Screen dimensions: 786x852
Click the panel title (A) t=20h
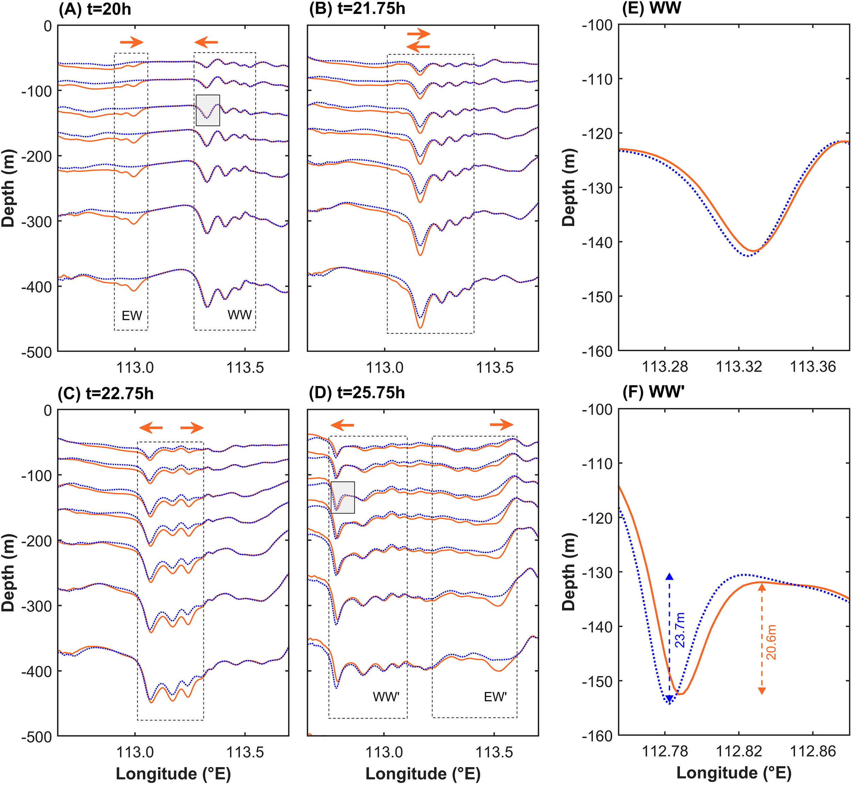click(95, 9)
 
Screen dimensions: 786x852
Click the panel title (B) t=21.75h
click(357, 9)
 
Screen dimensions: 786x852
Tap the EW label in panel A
click(132, 315)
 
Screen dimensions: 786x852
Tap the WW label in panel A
click(239, 315)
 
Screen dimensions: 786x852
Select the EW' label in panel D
click(495, 697)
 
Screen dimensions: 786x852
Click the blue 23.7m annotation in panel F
click(680, 630)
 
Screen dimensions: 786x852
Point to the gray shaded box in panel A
click(208, 110)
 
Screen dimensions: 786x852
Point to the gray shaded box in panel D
click(343, 497)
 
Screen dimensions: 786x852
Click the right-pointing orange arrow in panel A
click(131, 42)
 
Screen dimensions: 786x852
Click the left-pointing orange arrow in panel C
click(151, 428)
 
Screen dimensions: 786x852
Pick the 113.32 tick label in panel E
click(739, 367)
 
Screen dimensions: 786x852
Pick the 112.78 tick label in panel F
click(665, 752)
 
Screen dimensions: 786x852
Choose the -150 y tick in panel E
click(597, 296)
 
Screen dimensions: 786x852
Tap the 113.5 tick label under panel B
click(495, 368)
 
